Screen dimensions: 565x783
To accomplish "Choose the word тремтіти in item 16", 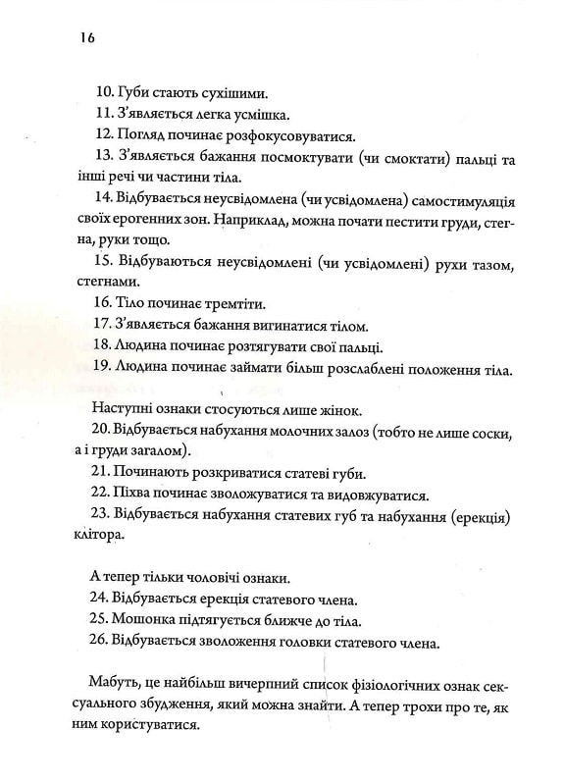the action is (246, 304).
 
